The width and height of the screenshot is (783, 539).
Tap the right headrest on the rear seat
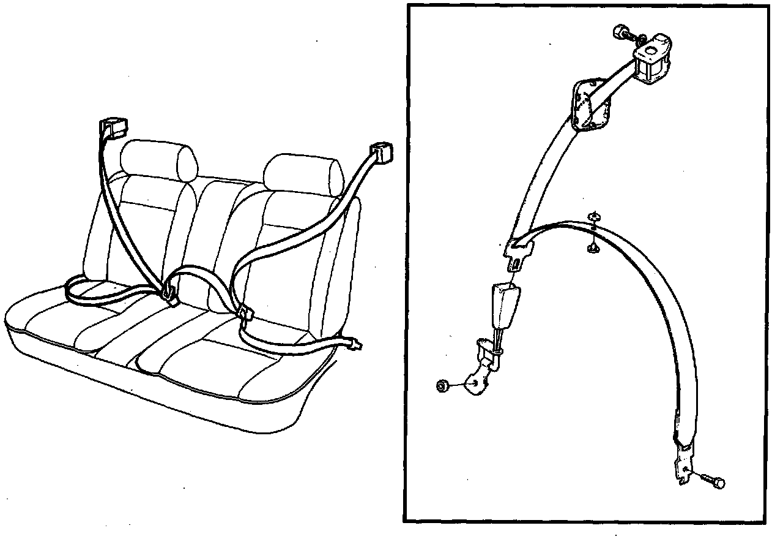pyautogui.click(x=302, y=171)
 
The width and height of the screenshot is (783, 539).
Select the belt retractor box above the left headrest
pyautogui.click(x=113, y=127)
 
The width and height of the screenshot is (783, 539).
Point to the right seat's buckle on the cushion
pyautogui.click(x=246, y=314)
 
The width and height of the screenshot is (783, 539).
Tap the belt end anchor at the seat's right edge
pyautogui.click(x=355, y=345)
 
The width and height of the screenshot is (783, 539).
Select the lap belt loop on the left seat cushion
pyautogui.click(x=98, y=292)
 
